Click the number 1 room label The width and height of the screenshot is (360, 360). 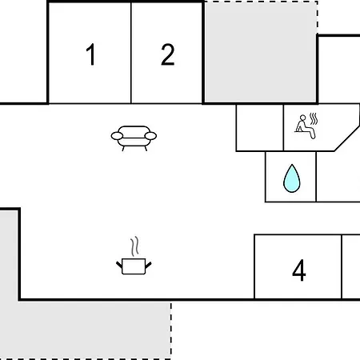click(91, 54)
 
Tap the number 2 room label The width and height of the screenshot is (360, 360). click(168, 54)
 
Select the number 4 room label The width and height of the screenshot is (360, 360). click(299, 270)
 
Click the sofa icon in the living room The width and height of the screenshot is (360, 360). click(134, 138)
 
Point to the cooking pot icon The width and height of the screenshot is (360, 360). click(134, 266)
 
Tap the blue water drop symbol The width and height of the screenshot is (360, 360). click(292, 178)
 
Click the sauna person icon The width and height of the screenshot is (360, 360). click(306, 126)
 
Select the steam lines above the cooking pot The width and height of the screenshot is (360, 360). click(134, 246)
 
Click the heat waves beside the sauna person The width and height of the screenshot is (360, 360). click(314, 119)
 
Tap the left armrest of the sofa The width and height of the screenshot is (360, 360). click(117, 136)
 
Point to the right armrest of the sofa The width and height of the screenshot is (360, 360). click(150, 136)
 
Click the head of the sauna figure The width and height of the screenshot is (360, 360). click(302, 118)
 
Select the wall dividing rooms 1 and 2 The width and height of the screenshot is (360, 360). click(131, 53)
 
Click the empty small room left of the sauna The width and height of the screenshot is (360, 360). click(260, 128)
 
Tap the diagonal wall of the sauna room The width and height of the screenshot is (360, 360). click(347, 138)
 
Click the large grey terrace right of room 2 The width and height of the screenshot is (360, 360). click(261, 51)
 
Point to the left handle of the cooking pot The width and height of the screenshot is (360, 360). click(119, 265)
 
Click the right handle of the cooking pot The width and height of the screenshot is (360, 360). click(149, 265)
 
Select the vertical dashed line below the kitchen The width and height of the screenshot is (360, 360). click(171, 330)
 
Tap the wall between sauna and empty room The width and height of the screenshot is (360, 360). click(283, 128)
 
